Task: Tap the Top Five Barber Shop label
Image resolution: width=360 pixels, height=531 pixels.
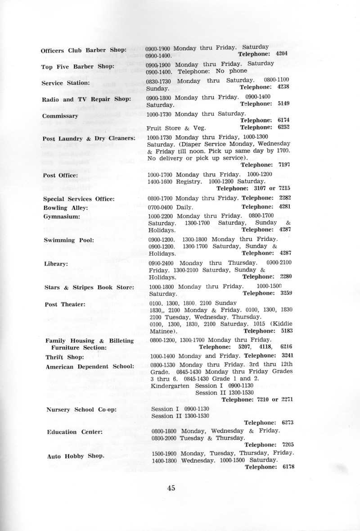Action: (x=76, y=67)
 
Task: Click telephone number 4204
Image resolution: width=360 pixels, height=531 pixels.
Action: (x=281, y=54)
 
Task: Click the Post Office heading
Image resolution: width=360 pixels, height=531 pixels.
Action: (x=60, y=175)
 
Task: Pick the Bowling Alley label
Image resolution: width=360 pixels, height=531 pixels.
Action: (x=62, y=208)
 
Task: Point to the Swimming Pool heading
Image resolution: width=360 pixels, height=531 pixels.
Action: (x=68, y=240)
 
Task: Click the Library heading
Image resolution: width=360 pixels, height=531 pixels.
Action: (x=55, y=263)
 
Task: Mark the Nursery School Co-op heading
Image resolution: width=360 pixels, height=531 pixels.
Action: (x=81, y=409)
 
